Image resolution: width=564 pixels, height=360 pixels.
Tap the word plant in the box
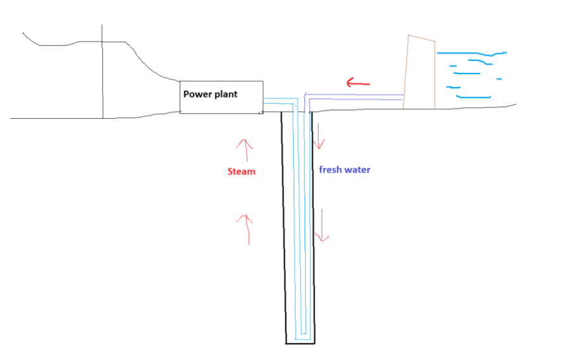[225, 95]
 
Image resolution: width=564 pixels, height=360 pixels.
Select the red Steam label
[241, 171]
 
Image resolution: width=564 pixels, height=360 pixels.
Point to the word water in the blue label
[357, 170]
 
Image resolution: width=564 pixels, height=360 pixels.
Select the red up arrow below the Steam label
[246, 229]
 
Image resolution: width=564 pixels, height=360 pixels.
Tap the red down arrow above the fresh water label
[319, 135]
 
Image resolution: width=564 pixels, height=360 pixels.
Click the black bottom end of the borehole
[299, 343]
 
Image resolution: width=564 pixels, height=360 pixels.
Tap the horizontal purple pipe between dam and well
[355, 97]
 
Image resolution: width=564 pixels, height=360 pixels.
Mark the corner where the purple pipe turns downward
[306, 97]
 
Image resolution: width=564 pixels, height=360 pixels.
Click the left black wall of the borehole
[284, 229]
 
